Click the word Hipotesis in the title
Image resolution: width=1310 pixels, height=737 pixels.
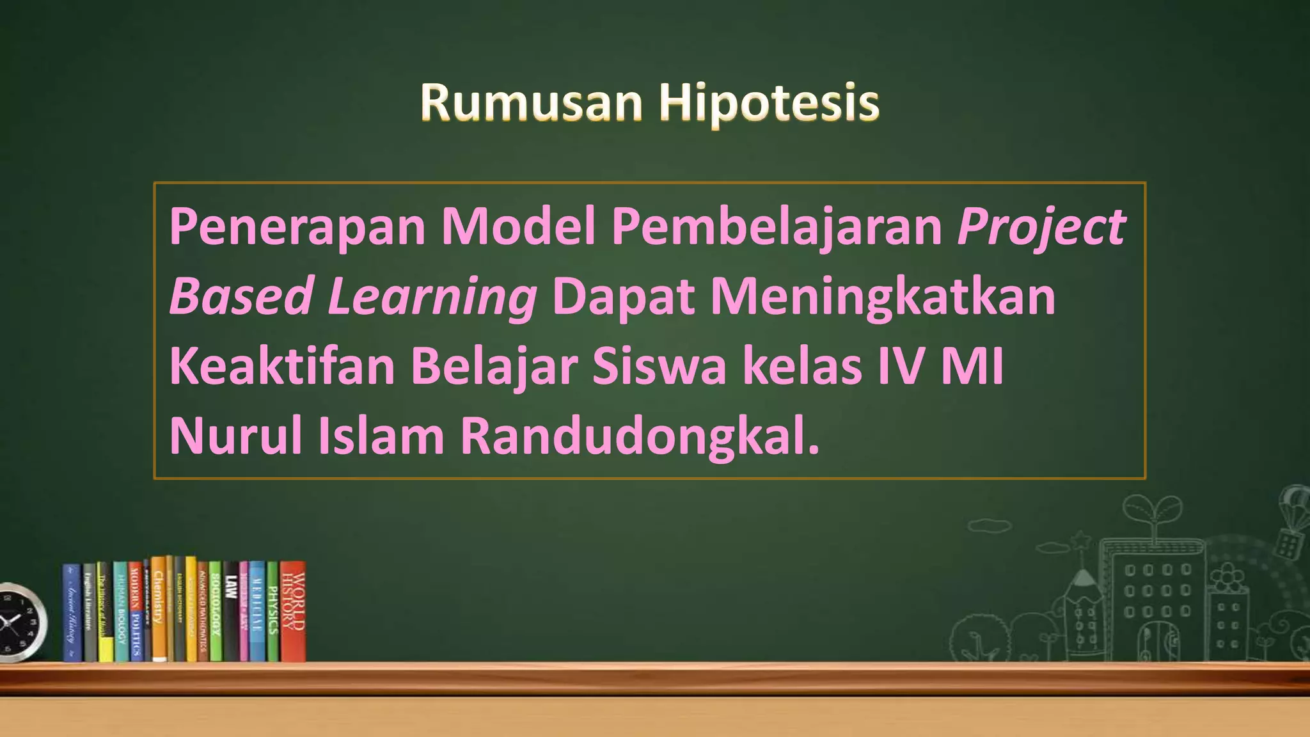pyautogui.click(x=769, y=103)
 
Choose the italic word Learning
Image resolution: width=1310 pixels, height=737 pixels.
pyautogui.click(x=432, y=297)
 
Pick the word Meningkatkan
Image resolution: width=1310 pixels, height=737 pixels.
pyautogui.click(x=883, y=297)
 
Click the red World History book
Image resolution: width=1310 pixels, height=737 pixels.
pyautogui.click(x=293, y=611)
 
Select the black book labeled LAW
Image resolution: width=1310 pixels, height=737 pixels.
pyautogui.click(x=231, y=611)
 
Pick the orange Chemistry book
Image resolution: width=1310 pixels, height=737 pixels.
pyautogui.click(x=159, y=608)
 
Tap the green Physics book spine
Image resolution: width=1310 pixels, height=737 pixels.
pyautogui.click(x=272, y=611)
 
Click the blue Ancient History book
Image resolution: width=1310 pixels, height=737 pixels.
pyautogui.click(x=72, y=612)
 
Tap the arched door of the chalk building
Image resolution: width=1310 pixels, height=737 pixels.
pyautogui.click(x=1157, y=640)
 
